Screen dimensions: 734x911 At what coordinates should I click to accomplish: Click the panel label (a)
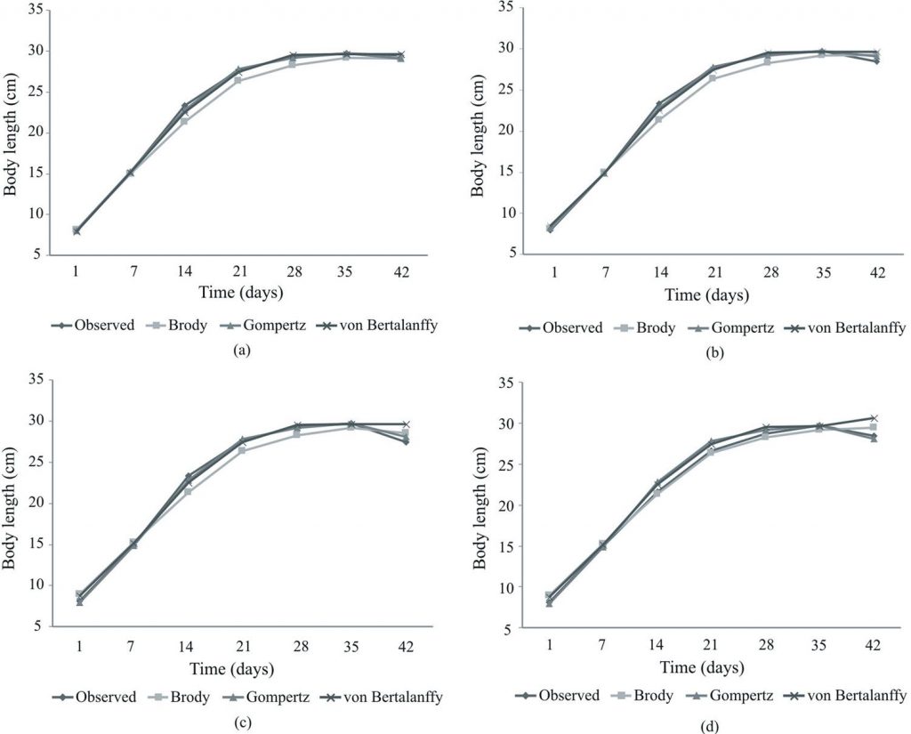tap(238, 351)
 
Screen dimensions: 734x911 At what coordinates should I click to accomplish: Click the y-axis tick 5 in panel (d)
tap(504, 629)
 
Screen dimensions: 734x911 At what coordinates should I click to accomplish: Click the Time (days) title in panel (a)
tap(238, 292)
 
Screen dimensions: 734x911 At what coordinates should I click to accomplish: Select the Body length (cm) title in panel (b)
tap(478, 131)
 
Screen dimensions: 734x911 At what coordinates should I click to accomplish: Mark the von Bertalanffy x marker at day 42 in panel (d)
tap(874, 418)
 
